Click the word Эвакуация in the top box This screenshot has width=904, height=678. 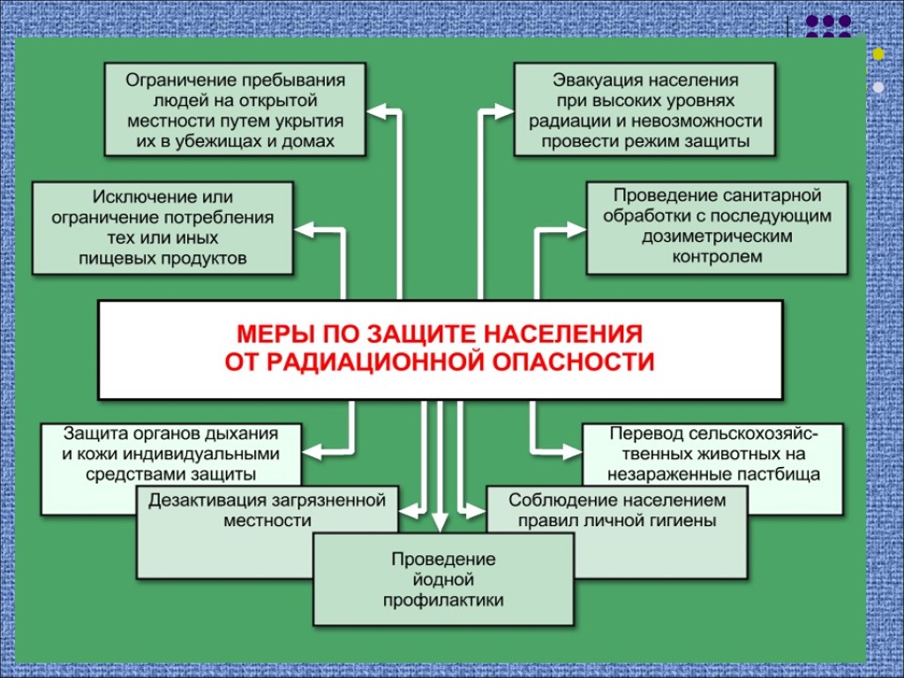(x=592, y=80)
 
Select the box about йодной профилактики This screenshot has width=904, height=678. (x=443, y=580)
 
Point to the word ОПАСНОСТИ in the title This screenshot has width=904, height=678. (x=566, y=362)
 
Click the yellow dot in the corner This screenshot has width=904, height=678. (x=878, y=55)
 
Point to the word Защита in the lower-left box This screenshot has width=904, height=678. (x=91, y=434)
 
